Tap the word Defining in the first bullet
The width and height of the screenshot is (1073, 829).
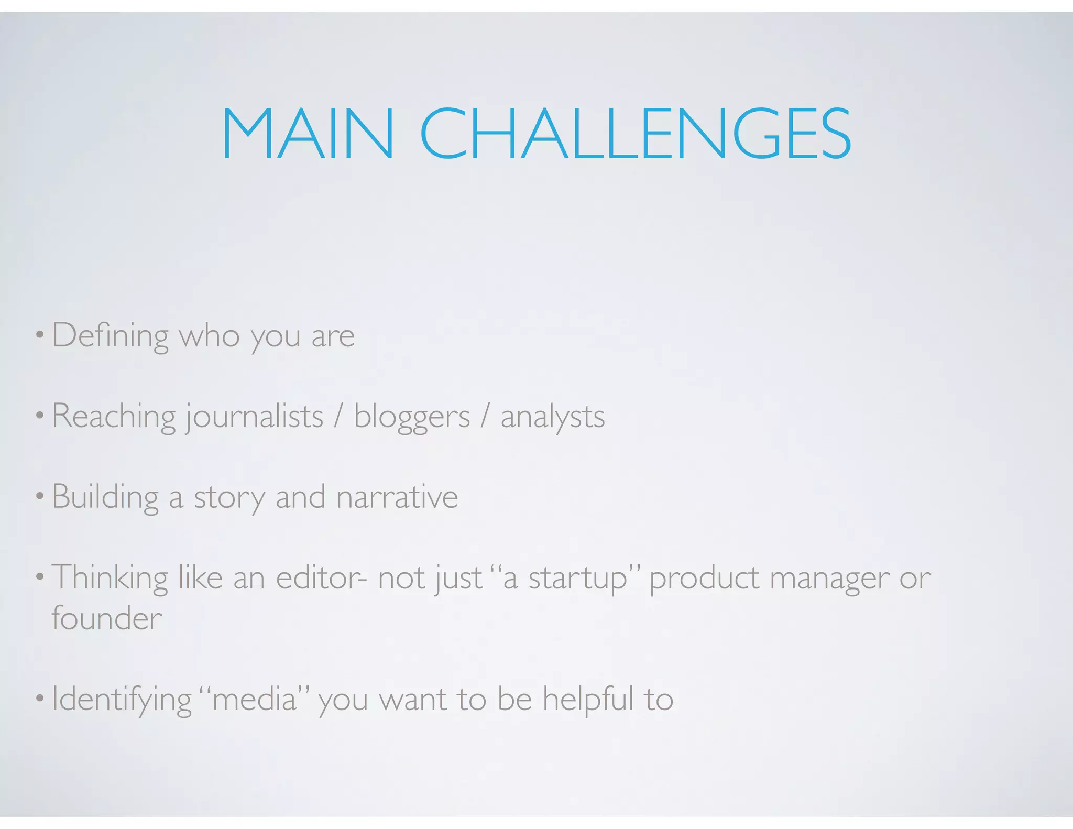coord(110,336)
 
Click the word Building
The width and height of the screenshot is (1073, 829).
coord(105,497)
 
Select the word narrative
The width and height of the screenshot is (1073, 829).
coord(398,497)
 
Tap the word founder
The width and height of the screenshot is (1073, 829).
coord(107,619)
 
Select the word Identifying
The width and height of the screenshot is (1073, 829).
coord(122,700)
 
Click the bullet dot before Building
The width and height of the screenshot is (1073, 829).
coord(39,496)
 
